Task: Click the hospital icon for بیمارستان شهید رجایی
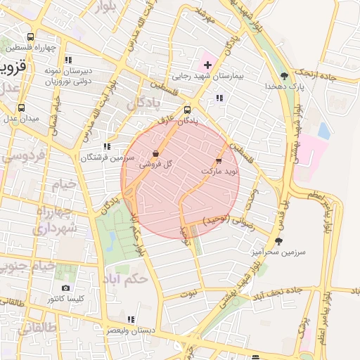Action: coord(207,65)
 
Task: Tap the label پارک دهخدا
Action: coord(283,85)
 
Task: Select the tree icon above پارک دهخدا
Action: coord(284,75)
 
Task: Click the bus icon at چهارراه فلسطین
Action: coord(30,37)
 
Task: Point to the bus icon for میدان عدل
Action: coord(21,108)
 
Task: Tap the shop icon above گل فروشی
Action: coord(155,153)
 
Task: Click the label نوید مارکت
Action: coord(220,171)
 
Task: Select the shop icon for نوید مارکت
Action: coord(227,161)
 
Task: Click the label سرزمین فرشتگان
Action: coord(106,157)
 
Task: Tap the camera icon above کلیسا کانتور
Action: coord(65,288)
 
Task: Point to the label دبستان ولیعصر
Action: coord(131,330)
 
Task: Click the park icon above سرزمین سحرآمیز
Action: coord(278,241)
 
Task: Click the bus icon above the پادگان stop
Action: coord(187,110)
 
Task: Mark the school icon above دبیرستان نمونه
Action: coord(68,60)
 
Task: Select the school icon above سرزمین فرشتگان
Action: coord(106,147)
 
